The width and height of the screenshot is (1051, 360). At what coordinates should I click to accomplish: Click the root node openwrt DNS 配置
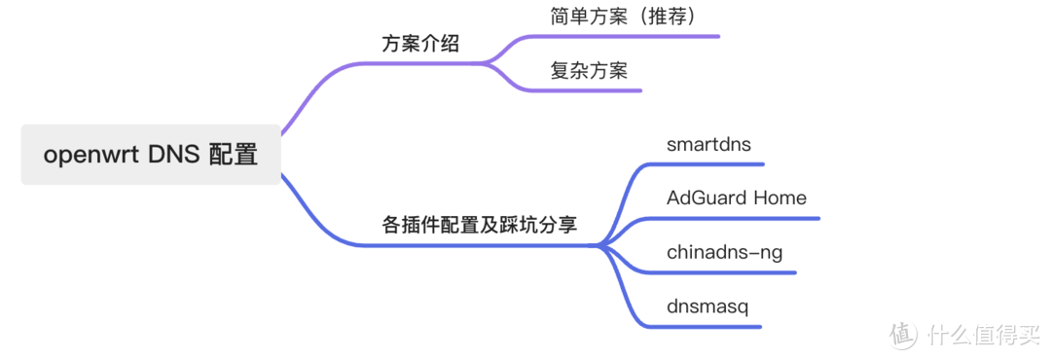(151, 155)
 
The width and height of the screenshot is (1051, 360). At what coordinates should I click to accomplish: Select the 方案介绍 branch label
(420, 45)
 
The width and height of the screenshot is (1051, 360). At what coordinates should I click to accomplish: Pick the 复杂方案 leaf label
(589, 70)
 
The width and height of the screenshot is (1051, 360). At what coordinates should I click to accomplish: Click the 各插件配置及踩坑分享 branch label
(480, 225)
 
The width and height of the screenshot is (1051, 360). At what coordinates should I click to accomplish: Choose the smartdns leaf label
(709, 144)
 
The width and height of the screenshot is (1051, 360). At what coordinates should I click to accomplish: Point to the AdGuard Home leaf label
(737, 198)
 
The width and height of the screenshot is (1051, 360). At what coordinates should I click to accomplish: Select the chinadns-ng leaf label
(725, 253)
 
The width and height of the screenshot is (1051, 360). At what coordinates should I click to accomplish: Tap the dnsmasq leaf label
(707, 306)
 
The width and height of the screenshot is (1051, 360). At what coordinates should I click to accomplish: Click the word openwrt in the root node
(90, 156)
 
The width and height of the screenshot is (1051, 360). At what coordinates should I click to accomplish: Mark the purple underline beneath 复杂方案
(594, 90)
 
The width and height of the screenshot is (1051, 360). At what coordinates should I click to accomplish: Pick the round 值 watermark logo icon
(903, 334)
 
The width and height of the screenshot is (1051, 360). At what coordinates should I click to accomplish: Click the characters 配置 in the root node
(234, 155)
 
